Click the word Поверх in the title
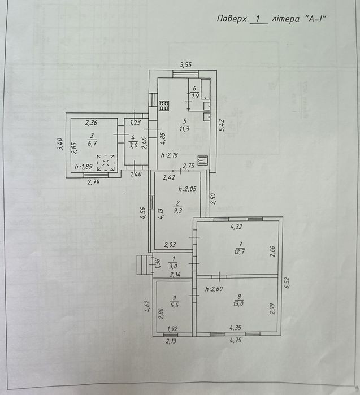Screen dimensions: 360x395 pyautogui.click(x=232, y=19)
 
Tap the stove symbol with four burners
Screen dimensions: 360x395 pyautogui.click(x=164, y=106)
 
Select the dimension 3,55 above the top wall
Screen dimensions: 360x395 pyautogui.click(x=186, y=65)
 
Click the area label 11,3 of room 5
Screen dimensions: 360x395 pyautogui.click(x=185, y=129)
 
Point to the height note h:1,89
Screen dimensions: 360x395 pyautogui.click(x=84, y=167)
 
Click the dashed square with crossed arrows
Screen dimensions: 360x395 pyautogui.click(x=106, y=163)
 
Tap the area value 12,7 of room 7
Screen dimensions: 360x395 pyautogui.click(x=240, y=251)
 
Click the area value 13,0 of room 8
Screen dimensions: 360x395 pyautogui.click(x=238, y=303)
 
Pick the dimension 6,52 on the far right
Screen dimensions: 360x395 pyautogui.click(x=288, y=283)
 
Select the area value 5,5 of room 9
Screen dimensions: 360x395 pyautogui.click(x=174, y=305)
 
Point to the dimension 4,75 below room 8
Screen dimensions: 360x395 pyautogui.click(x=236, y=340)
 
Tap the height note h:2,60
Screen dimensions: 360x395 pyautogui.click(x=214, y=289)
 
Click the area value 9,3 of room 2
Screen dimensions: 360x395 pyautogui.click(x=178, y=211)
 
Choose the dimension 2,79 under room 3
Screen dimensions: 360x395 pyautogui.click(x=93, y=182)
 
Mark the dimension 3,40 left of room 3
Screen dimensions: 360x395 pyautogui.click(x=60, y=145)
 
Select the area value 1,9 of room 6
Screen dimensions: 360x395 pyautogui.click(x=195, y=96)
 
